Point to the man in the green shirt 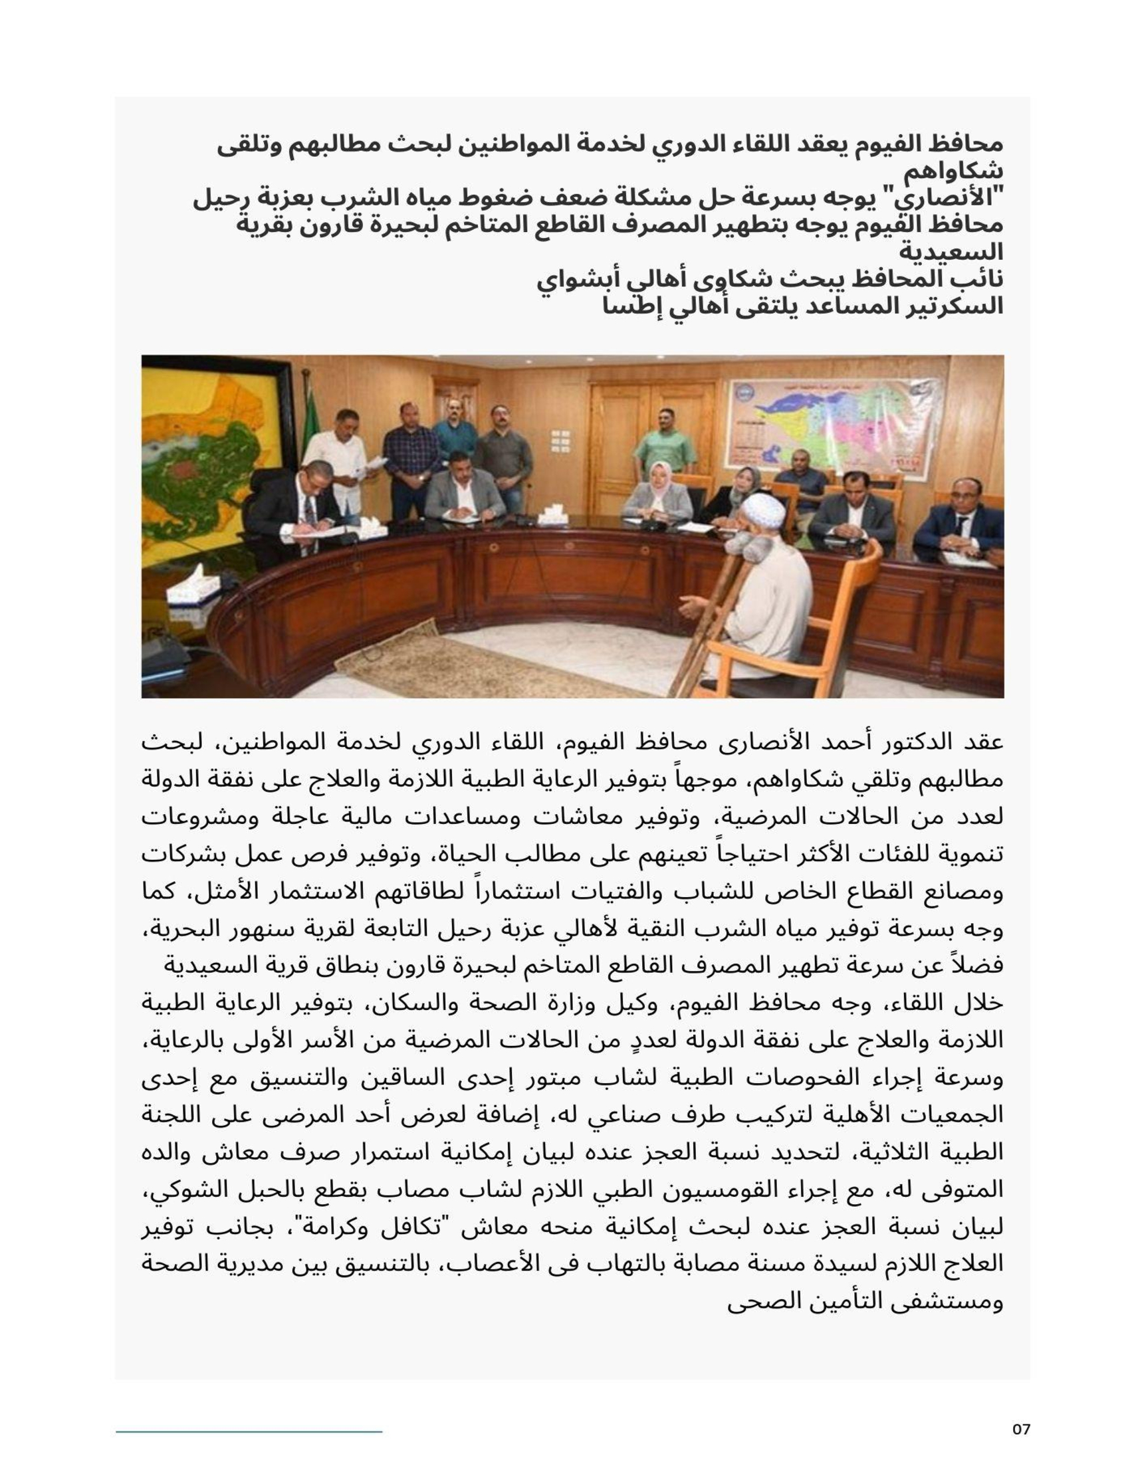point(664,443)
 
